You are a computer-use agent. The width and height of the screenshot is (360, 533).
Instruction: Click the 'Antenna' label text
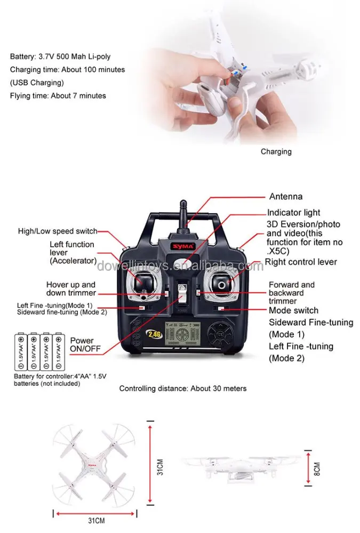285,196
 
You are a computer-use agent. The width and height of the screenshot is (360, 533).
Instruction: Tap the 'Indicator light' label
294,212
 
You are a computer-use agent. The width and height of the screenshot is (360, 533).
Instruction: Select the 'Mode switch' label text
293,310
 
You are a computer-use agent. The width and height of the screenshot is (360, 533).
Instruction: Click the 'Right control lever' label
301,262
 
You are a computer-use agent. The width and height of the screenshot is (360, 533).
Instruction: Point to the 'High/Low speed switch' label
58,231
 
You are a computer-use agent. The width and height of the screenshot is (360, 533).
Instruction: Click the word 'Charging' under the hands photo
276,151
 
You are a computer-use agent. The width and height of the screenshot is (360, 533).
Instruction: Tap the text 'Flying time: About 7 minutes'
58,96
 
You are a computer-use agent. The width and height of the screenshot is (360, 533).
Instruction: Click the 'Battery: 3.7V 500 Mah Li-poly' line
60,56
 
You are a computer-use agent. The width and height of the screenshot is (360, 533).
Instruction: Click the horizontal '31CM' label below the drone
96,521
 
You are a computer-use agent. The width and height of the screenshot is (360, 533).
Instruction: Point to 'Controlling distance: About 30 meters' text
182,389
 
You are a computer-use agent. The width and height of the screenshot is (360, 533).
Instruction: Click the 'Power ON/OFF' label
82,344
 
